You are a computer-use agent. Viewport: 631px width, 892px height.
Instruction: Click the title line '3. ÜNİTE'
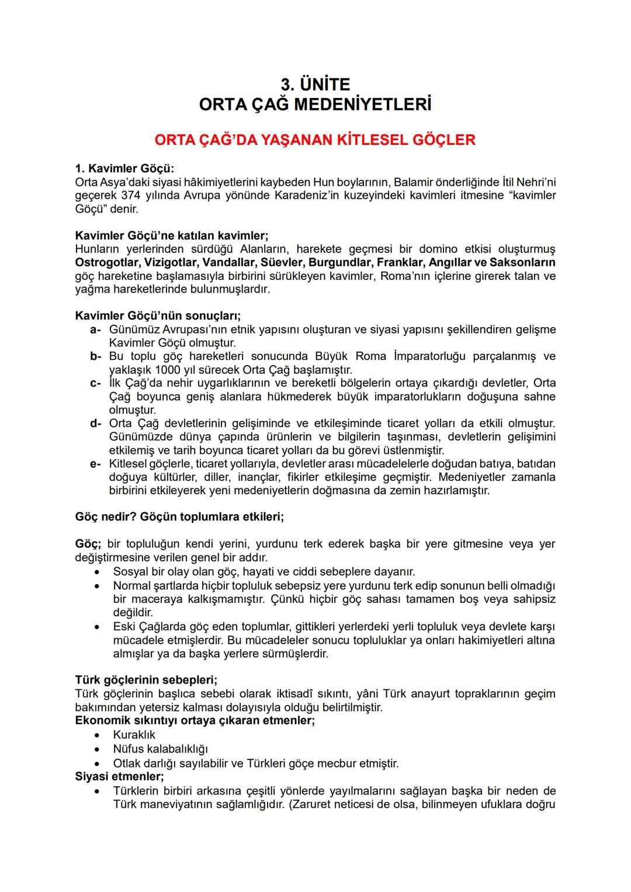(315, 85)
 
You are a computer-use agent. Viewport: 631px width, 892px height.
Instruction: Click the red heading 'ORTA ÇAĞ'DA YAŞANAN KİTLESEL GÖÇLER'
(315, 140)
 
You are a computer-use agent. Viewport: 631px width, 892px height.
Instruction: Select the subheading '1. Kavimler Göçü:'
(124, 169)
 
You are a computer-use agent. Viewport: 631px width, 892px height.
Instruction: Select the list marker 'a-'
(96, 330)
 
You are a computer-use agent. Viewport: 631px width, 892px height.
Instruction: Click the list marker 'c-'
(96, 384)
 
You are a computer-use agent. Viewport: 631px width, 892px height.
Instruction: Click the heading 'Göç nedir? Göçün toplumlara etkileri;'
(179, 517)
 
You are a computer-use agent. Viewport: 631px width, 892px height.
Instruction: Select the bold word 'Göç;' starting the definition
(88, 544)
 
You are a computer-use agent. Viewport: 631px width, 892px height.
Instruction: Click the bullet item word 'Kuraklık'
(134, 735)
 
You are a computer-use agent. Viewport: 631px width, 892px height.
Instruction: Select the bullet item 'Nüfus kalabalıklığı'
(161, 749)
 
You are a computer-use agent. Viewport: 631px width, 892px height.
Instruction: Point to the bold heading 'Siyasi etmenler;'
(120, 777)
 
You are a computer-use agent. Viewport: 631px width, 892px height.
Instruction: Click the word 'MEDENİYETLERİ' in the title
(362, 105)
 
